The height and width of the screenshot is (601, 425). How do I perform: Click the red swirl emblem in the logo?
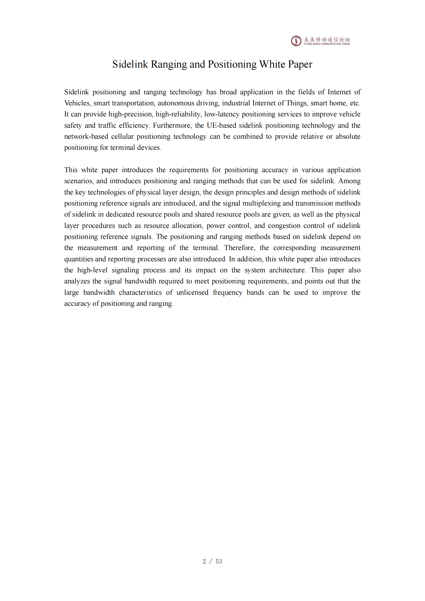coord(296,41)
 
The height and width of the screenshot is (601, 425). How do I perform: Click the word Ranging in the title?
coord(169,64)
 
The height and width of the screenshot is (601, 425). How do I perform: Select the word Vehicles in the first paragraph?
coord(77,103)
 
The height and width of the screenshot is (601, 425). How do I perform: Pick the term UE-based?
coord(221,125)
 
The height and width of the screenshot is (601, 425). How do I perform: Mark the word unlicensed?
coord(192,292)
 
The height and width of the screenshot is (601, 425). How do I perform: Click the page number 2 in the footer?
coord(204,561)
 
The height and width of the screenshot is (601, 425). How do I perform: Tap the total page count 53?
coord(219,561)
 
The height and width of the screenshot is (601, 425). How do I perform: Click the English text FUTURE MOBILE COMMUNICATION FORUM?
coord(327,44)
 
